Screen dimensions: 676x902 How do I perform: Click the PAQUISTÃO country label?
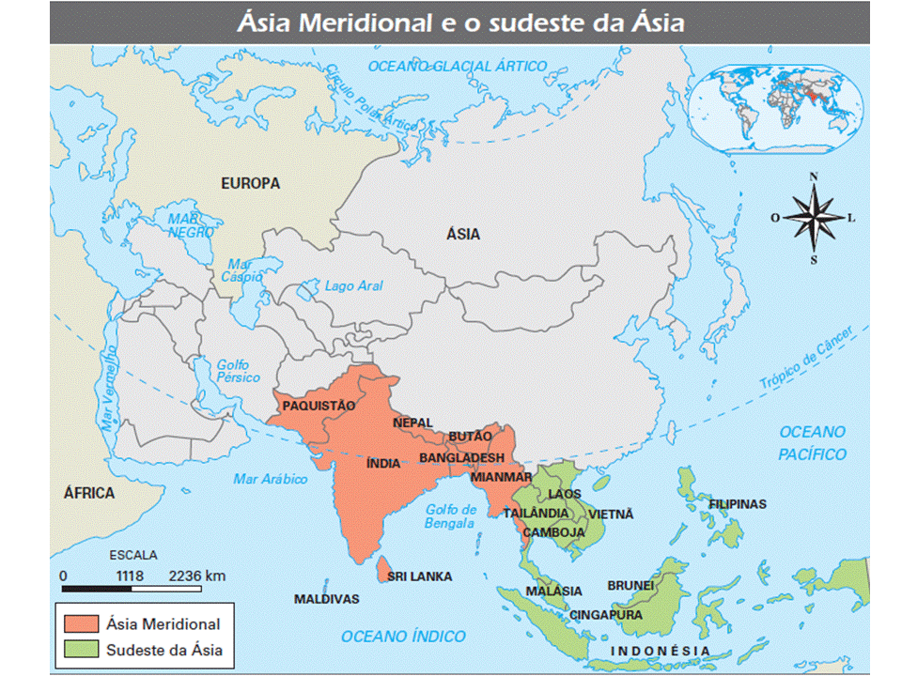(x=319, y=406)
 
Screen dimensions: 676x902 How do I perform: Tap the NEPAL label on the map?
(x=413, y=422)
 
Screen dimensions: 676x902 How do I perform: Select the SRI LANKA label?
(x=420, y=576)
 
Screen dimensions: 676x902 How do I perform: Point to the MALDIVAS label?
(x=327, y=599)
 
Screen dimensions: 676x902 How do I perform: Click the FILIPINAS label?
(x=738, y=504)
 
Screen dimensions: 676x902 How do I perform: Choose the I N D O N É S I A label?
(x=661, y=651)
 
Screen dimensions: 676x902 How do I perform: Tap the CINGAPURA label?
(x=607, y=616)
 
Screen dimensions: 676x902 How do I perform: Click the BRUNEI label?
(x=630, y=585)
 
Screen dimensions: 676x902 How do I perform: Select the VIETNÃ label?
(x=612, y=515)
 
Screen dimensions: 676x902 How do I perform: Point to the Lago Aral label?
(x=353, y=286)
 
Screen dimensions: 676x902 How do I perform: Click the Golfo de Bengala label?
(x=450, y=517)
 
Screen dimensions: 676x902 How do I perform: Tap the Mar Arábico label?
(x=271, y=479)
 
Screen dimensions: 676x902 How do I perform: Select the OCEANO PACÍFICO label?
(x=812, y=443)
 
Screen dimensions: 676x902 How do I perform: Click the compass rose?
(x=814, y=218)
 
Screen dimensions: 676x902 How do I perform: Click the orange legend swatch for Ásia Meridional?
(x=82, y=623)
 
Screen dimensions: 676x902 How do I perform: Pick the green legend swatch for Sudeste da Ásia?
(x=82, y=650)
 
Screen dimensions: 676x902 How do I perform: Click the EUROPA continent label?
(x=251, y=183)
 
